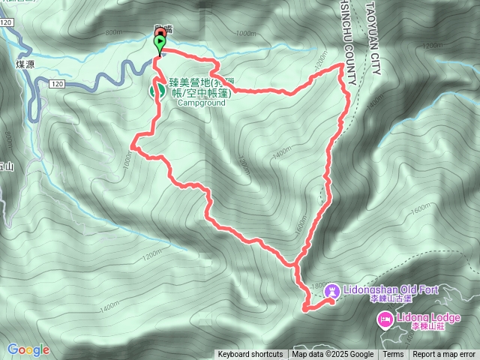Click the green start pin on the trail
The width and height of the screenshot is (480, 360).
pos(159,43)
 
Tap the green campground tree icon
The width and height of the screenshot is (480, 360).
pos(159,89)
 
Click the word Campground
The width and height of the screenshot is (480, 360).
pos(200,104)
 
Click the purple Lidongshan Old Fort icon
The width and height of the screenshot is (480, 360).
pos(334,289)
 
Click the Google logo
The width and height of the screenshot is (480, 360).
pos(28,349)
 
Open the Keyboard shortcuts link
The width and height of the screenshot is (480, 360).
pos(250,355)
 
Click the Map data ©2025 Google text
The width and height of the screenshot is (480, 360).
pos(333,355)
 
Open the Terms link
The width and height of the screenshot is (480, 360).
pos(393,355)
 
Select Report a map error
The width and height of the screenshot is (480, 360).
pos(443,355)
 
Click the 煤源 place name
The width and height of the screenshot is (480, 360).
pos(25,65)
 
